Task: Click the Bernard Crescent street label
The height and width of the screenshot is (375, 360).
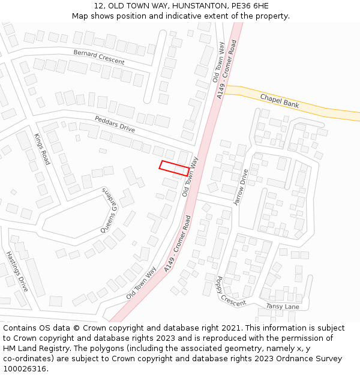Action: pos(99,57)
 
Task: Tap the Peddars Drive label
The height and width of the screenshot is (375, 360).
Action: pos(115,124)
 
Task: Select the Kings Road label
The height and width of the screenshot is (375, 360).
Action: pos(42,149)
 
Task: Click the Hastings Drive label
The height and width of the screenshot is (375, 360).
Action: pos(17,272)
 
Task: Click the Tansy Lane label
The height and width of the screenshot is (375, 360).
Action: pos(282,307)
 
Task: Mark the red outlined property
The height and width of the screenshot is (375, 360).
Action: pos(175,168)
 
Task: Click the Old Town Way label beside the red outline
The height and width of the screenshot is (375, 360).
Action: pos(190,176)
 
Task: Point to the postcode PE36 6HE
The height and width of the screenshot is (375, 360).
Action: pos(247,6)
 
